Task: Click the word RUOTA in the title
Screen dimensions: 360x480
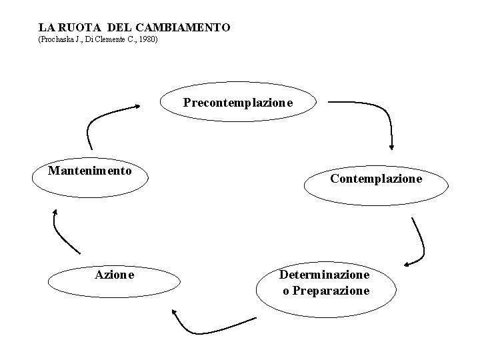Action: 73,28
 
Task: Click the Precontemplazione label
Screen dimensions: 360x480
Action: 238,103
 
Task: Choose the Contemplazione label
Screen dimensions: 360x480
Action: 376,179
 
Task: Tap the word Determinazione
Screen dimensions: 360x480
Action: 325,275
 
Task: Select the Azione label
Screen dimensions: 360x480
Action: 115,275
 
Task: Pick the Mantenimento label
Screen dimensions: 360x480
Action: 89,170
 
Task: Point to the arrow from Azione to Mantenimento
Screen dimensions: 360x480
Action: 63,233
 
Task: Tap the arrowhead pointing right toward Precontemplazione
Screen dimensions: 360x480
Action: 137,105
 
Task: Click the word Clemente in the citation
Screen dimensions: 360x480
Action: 112,41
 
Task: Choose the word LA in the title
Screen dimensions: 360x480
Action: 45,28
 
